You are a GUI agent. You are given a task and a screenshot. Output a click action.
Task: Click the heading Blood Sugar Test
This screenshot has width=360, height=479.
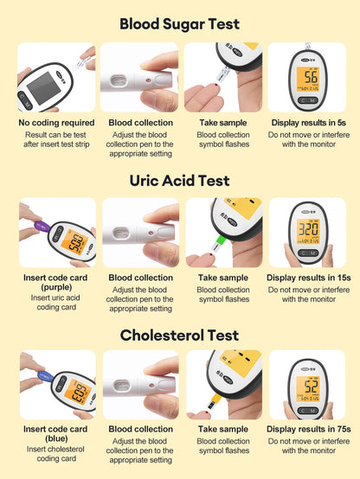(179, 24)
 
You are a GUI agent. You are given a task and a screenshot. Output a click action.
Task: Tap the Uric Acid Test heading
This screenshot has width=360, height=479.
(179, 181)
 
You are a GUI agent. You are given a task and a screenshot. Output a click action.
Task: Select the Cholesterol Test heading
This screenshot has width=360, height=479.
(179, 335)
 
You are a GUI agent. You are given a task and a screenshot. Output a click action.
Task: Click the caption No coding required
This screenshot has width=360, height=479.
(56, 124)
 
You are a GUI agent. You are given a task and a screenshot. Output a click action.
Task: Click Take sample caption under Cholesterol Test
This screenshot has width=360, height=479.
(223, 429)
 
